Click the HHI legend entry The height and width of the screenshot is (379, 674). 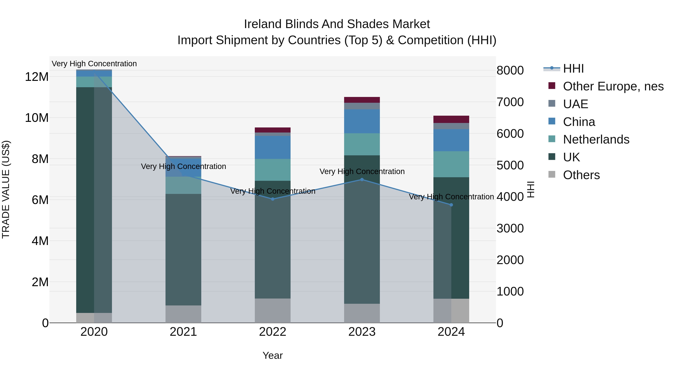click(573, 69)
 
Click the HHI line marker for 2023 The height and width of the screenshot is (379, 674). click(362, 179)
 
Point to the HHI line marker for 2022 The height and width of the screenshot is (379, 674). click(273, 199)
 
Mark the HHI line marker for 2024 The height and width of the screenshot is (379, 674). click(451, 205)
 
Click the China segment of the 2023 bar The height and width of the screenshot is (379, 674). click(362, 121)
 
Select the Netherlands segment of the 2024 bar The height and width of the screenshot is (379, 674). click(451, 164)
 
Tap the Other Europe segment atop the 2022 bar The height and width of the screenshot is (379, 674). click(273, 130)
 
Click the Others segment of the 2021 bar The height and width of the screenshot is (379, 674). click(183, 314)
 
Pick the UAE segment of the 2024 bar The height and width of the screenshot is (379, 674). click(451, 126)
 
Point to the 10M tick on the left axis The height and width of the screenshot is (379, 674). click(37, 118)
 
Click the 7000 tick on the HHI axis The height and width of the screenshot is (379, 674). click(510, 102)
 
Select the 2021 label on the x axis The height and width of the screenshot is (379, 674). click(183, 332)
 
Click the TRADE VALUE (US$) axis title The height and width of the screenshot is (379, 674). click(6, 189)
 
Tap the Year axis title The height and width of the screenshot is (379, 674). click(273, 355)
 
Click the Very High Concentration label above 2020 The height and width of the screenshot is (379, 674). click(94, 64)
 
